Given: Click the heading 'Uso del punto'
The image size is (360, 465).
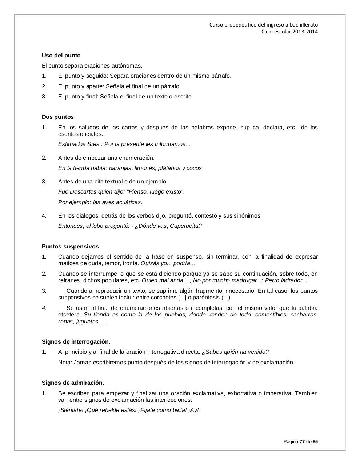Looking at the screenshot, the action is pos(61,56).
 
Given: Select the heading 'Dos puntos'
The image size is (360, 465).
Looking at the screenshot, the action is pos(57,117).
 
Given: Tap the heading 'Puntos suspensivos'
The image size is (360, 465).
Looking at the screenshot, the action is pos(70,247).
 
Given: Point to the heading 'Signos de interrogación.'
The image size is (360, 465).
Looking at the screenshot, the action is pos(76,342).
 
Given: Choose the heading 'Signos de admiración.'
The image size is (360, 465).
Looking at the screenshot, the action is pos(73,383).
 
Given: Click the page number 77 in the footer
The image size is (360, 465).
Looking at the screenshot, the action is pos(302,442).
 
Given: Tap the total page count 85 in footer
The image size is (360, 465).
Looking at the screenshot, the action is pos(315,442).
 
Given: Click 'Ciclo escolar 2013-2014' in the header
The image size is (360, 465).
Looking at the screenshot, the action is pos(289,32).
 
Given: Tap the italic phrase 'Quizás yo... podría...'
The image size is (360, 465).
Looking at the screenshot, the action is pos(168,263).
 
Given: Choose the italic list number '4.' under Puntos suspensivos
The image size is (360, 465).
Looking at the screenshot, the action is pos(44,308).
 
